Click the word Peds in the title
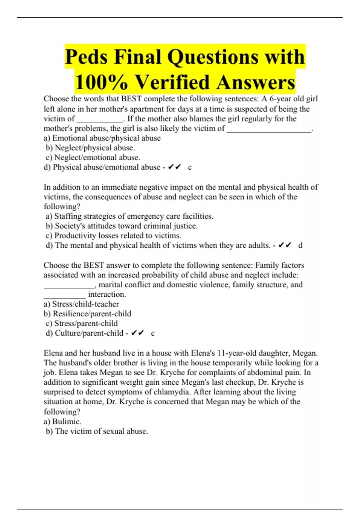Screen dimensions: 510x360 [x=86, y=57]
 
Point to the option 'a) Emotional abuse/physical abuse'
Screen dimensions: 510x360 [x=102, y=138]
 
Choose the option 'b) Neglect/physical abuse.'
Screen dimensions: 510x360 [x=90, y=148]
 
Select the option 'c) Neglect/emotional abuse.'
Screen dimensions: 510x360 [x=93, y=157]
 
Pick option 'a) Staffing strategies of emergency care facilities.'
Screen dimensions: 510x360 [x=129, y=216]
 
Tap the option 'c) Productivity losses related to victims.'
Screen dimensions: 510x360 [x=113, y=235]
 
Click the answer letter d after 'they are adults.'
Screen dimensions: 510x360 [x=300, y=245]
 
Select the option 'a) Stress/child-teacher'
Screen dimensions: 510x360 [x=81, y=304]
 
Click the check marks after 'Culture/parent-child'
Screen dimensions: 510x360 [x=137, y=333]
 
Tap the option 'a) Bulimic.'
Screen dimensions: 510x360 [x=62, y=421]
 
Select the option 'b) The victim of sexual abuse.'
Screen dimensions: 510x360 [x=97, y=431]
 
